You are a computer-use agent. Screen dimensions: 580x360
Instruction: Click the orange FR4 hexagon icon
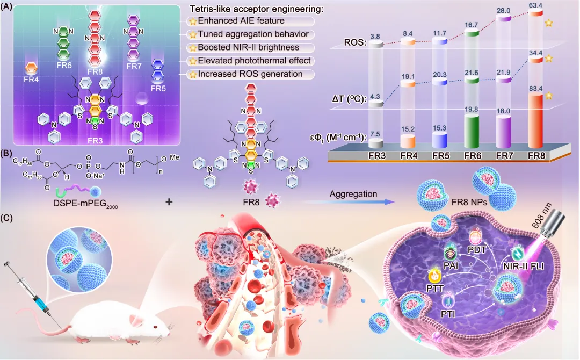pyautogui.click(x=32, y=68)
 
